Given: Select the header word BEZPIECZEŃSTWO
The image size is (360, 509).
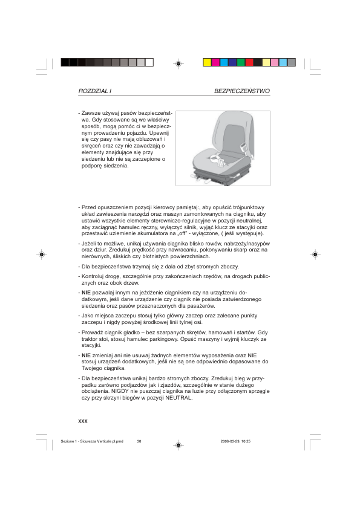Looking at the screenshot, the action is tap(241, 91).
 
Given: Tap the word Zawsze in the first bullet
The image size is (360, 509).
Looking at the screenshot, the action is tap(91, 113).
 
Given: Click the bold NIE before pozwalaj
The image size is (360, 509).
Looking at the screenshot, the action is tap(86, 292).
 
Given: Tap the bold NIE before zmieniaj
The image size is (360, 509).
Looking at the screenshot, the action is tap(86, 355).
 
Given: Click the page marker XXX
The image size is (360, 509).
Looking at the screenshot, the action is tap(83, 420).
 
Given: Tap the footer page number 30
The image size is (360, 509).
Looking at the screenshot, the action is tap(139, 441).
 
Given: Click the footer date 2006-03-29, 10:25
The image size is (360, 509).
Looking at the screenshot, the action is tap(238, 441).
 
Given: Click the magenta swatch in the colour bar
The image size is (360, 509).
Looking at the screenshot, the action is tap(215, 62).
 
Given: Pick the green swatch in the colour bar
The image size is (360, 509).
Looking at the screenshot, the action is tap(241, 62).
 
